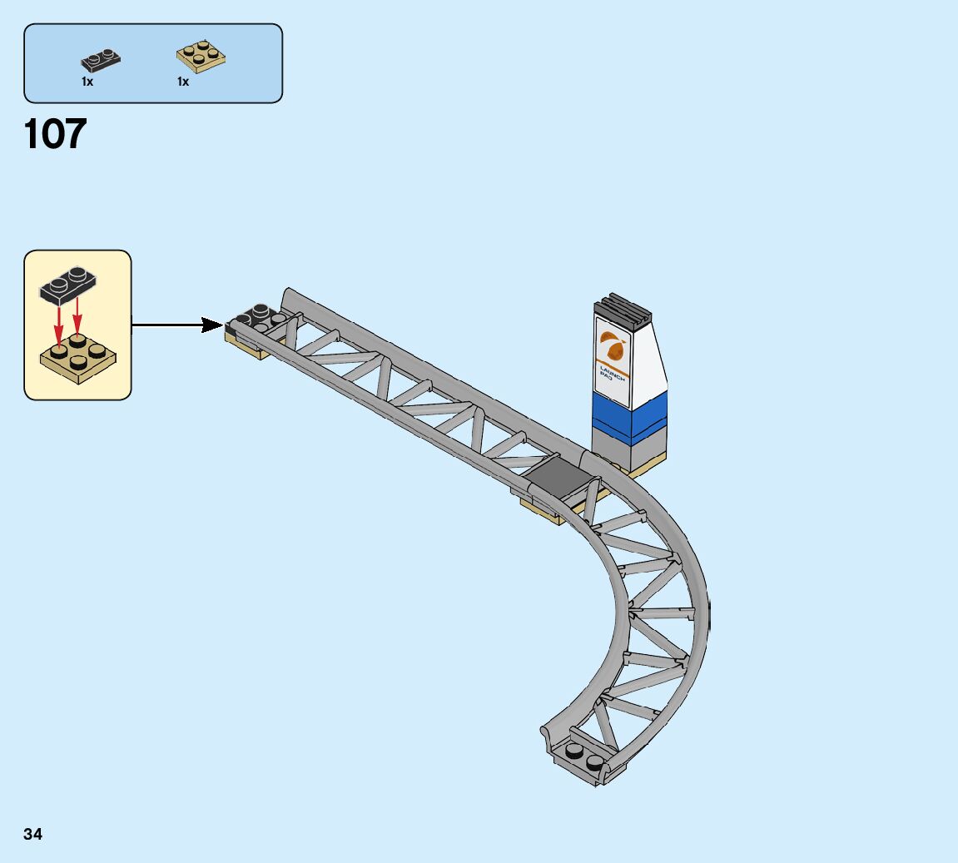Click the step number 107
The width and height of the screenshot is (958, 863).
(56, 134)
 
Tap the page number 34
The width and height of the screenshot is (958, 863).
(33, 834)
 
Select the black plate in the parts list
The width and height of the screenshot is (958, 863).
(101, 59)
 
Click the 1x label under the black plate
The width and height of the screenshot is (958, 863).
(87, 82)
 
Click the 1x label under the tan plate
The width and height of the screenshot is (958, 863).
(183, 82)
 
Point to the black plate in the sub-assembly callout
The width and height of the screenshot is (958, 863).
(68, 285)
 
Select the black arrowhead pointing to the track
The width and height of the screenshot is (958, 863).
(212, 325)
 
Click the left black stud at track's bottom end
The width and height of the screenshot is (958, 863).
(574, 751)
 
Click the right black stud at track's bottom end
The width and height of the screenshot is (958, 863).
(594, 761)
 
